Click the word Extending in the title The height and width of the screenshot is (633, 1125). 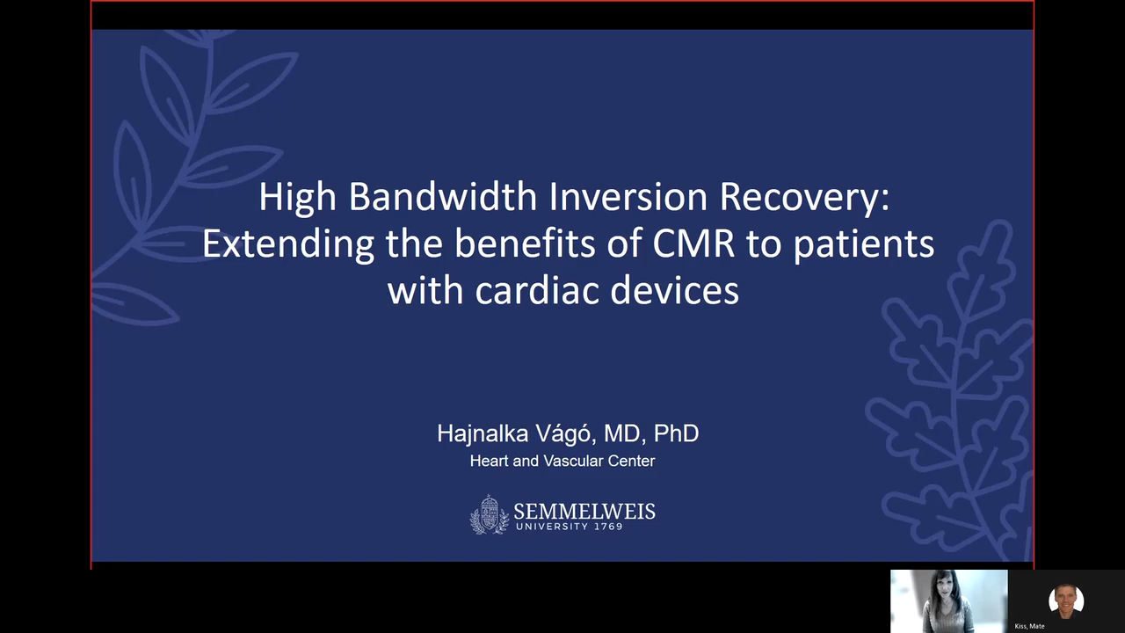tap(288, 244)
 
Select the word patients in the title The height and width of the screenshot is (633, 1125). tap(863, 244)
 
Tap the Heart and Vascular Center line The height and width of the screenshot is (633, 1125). tap(562, 461)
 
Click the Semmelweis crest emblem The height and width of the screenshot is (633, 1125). tap(489, 514)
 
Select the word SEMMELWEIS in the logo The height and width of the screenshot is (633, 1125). tap(584, 511)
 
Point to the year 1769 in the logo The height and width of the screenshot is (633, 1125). tap(606, 527)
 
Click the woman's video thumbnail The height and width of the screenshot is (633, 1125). tap(948, 601)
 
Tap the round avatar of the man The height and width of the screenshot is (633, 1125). tap(1066, 600)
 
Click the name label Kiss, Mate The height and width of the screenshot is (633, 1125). tap(1029, 626)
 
